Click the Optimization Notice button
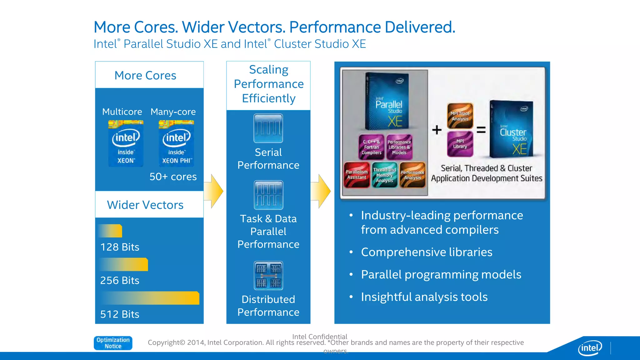[x=113, y=343]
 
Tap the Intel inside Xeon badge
[x=126, y=143]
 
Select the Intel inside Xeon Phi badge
[x=176, y=143]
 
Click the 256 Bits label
[x=120, y=280]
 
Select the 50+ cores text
[x=173, y=177]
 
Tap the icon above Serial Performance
[x=268, y=128]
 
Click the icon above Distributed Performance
[x=268, y=276]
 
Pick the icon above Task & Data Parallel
[x=268, y=195]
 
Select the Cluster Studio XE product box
[x=512, y=129]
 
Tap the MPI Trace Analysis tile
[x=460, y=116]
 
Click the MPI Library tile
[x=460, y=144]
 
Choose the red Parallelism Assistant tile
[x=357, y=175]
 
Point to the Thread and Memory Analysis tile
[x=384, y=175]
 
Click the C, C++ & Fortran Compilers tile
[x=371, y=147]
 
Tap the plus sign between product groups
[x=437, y=130]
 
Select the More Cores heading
[x=145, y=75]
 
